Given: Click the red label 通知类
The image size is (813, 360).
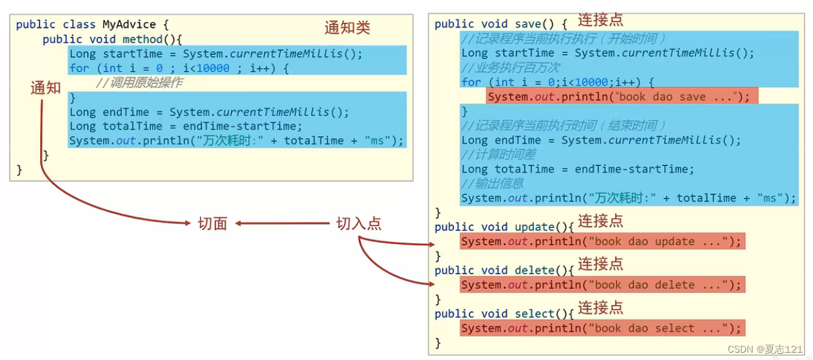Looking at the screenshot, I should coord(347,27).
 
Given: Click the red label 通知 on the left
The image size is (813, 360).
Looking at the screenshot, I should coord(46,88).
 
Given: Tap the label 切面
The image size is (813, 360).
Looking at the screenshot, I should coord(212,224).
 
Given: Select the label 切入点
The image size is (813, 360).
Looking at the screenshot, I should coord(359,224).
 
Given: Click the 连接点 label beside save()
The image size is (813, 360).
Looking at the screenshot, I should coord(600,20).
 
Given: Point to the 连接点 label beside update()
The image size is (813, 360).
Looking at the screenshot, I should coord(600,221).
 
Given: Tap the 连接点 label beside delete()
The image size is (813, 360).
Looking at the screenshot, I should coord(600,264).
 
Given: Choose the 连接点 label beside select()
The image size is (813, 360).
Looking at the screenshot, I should coord(600,308).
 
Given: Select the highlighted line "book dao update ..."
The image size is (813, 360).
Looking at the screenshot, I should coord(602,241).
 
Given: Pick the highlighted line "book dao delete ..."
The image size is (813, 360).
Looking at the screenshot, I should coord(602,285).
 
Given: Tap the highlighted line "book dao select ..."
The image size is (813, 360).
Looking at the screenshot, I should coord(602,328).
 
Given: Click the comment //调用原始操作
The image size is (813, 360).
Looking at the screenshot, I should coord(139,82).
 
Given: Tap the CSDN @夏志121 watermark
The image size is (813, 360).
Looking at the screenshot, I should coord(765,349).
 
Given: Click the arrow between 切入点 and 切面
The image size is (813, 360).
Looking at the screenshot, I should coord(282,224).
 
